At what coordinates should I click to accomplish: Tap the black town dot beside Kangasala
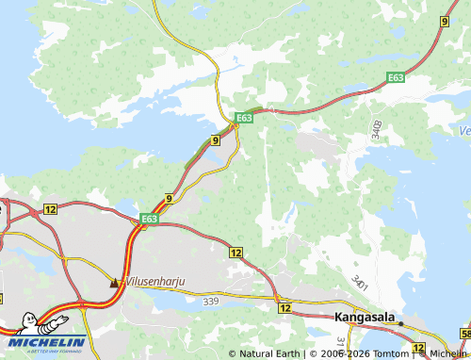(399, 323)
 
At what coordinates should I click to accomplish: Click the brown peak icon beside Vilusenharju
(115, 281)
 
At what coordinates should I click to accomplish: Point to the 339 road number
(211, 301)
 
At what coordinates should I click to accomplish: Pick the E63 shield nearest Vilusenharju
(148, 220)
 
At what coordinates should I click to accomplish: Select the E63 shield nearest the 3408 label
(396, 82)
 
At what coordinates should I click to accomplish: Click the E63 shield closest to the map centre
(243, 118)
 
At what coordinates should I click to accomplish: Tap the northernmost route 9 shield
(444, 20)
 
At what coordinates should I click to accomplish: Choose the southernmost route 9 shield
(169, 198)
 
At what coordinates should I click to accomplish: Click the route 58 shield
(465, 334)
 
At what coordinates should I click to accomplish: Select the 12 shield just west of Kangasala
(284, 308)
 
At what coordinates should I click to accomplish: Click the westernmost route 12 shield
(50, 208)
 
